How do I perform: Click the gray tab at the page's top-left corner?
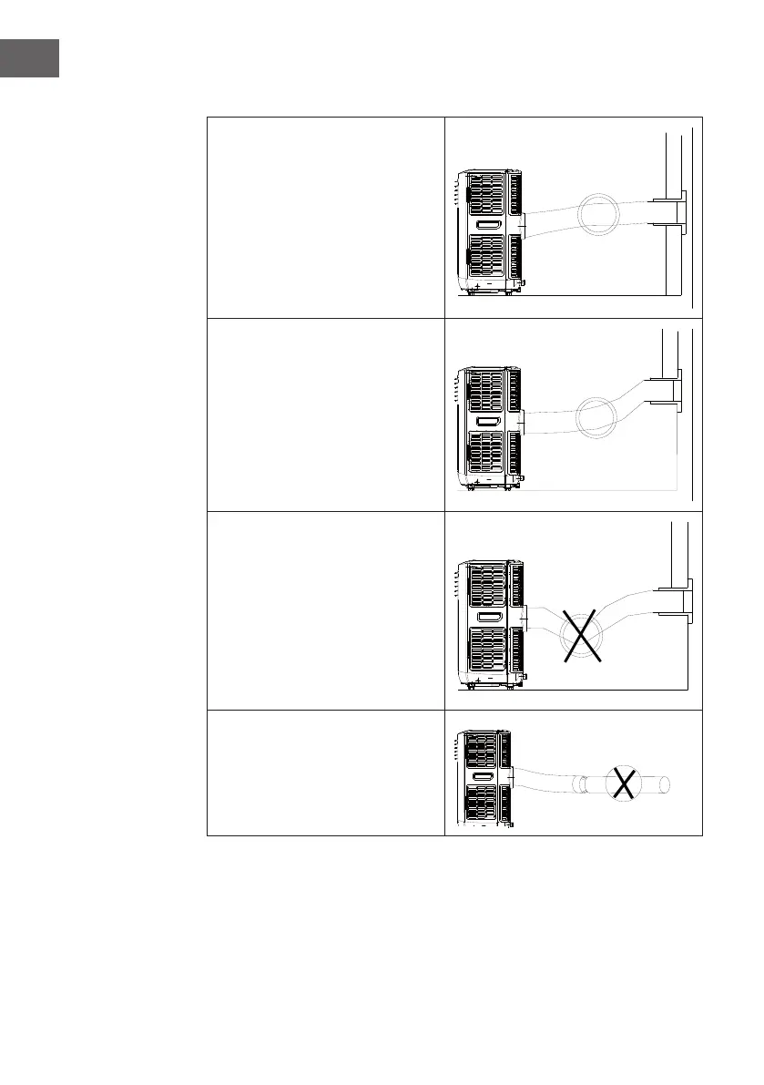click(29, 58)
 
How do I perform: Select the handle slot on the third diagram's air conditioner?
click(488, 618)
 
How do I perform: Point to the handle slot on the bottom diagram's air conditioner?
click(482, 775)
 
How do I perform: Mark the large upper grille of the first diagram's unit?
click(488, 194)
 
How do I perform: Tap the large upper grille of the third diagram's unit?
click(488, 586)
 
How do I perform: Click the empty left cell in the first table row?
click(325, 218)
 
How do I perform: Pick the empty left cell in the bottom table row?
click(325, 773)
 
